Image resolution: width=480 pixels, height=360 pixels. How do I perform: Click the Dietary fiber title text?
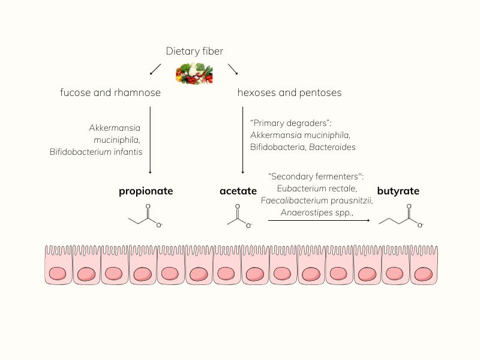(194, 52)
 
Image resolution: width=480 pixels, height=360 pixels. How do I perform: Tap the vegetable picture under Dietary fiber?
(194, 73)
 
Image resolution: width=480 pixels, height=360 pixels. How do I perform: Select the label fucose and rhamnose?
(110, 92)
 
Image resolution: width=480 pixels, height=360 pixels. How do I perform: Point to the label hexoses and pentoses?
(289, 92)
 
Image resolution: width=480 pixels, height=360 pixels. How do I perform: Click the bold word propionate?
(146, 191)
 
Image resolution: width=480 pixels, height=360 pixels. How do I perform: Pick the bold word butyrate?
(398, 191)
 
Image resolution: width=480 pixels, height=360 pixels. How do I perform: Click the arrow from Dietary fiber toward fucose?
(155, 69)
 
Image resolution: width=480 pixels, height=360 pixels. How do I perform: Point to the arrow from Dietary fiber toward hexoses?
(233, 69)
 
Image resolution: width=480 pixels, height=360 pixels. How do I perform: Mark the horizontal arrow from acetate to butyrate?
(319, 220)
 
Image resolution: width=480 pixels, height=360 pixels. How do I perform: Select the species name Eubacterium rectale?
(316, 188)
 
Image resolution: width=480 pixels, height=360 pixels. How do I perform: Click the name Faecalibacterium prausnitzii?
(316, 200)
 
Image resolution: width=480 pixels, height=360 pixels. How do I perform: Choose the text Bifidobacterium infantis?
(96, 152)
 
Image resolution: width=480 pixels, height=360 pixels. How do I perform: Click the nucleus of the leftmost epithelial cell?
(58, 274)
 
